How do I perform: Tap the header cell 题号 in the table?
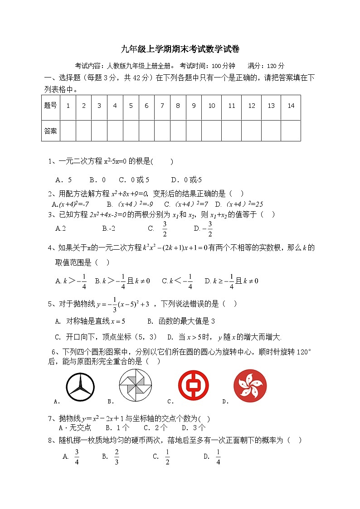(x=50, y=106)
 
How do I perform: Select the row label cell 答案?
(x=50, y=131)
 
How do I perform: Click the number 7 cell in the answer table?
(x=162, y=106)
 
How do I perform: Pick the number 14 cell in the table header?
(x=291, y=106)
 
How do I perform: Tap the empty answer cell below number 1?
(x=68, y=131)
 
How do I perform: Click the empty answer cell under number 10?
(x=211, y=131)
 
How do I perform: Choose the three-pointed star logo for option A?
(x=80, y=387)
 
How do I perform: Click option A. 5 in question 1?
(x=63, y=179)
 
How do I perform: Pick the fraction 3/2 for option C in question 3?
(x=165, y=229)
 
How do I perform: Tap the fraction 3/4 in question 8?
(x=77, y=456)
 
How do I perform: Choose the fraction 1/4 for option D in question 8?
(x=218, y=456)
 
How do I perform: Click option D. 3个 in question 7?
(x=194, y=427)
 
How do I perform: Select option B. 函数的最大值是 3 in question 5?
(x=181, y=321)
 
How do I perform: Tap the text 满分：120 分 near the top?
(x=266, y=66)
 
